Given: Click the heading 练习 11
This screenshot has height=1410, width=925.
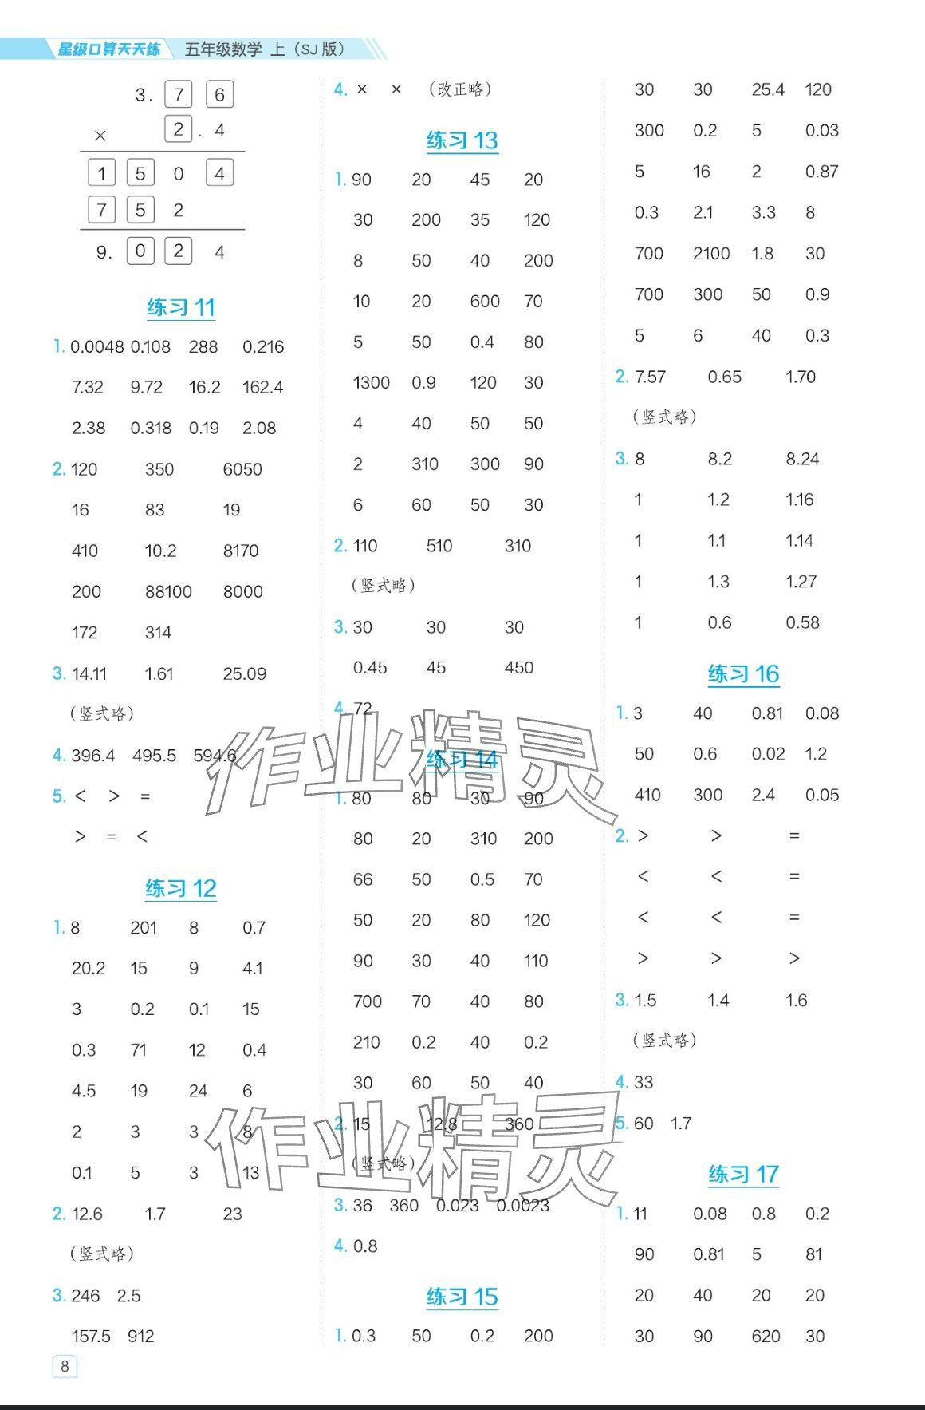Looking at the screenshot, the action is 181,307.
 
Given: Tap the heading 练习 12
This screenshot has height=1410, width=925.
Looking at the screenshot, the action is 181,888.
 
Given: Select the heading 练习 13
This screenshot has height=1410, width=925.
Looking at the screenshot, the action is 462,140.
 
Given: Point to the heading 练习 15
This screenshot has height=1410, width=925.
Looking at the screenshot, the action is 462,1297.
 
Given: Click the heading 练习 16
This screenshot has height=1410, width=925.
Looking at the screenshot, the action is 743,674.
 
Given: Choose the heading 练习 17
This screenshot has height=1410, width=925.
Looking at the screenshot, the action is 743,1174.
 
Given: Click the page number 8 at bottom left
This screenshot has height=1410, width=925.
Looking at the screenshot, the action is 65,1365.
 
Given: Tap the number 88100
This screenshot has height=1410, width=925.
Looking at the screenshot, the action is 168,591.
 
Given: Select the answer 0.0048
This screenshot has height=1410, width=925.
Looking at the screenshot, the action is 97,346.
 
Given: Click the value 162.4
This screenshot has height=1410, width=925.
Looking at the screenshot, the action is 262,387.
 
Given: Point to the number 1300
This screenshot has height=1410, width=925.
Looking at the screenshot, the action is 371,382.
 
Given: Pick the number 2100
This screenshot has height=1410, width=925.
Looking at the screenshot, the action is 711,254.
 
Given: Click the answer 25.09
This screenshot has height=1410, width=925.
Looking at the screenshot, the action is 244,673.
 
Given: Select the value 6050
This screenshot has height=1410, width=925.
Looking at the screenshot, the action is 242,469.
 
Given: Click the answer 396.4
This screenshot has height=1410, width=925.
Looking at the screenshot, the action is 92,755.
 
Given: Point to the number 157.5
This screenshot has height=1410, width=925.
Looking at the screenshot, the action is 91,1336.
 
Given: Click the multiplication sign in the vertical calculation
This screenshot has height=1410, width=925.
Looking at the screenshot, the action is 100,136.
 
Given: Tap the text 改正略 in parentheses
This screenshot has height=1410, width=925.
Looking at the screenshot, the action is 460,89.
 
